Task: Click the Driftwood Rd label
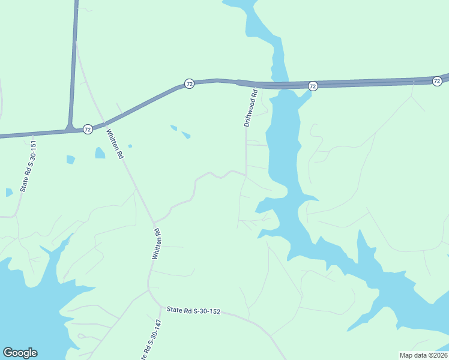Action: coord(250,108)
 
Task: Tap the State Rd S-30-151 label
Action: coord(29,166)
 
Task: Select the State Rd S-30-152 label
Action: coord(194,311)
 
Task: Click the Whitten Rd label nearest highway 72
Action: coord(115,144)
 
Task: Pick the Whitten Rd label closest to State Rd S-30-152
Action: coord(156,244)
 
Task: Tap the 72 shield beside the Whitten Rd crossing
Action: coord(88,129)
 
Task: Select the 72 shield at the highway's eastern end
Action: coord(436,81)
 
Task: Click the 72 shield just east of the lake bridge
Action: coord(312,86)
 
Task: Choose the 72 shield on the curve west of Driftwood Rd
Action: coord(189,83)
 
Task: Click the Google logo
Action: coord(20,353)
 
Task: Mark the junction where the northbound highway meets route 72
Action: coord(72,127)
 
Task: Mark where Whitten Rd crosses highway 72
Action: coord(100,124)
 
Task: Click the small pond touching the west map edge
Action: coord(8,193)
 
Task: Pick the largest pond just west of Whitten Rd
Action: coord(100,153)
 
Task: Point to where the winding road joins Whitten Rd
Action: coord(154,221)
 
